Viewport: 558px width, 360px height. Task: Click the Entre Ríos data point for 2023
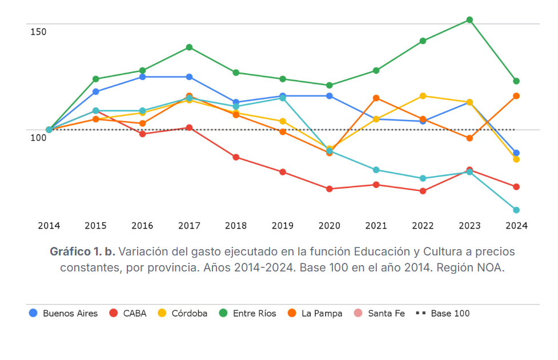[x=469, y=20]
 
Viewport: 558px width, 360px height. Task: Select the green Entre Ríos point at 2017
[x=189, y=47]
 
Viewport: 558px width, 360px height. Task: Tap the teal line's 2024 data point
[x=516, y=210]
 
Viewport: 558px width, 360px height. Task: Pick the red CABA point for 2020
[x=330, y=189]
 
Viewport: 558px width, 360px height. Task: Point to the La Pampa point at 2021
[x=376, y=98]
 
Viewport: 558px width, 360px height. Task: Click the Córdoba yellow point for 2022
[x=423, y=96]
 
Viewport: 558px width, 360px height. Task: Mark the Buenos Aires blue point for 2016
[x=142, y=77]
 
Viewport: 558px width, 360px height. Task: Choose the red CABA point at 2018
[x=236, y=157]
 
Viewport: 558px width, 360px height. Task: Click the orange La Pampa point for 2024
[x=516, y=96]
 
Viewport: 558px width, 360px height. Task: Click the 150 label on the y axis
[x=38, y=32]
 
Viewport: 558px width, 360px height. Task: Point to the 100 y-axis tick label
[x=38, y=138]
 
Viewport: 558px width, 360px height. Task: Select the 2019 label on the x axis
[x=283, y=226]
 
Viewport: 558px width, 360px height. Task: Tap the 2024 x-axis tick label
[x=516, y=226]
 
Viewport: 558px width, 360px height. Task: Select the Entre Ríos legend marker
[x=223, y=313]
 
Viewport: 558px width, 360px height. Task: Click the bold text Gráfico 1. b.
[x=83, y=251]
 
